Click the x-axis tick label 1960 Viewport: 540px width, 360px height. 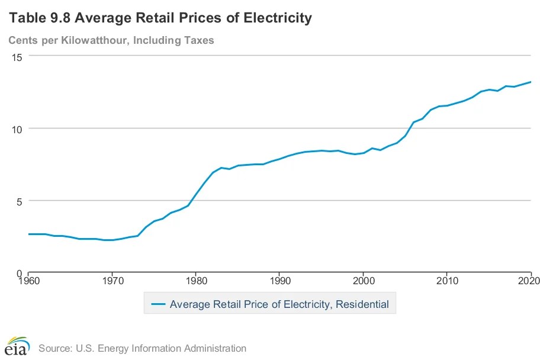[x=28, y=281]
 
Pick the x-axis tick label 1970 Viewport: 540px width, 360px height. [x=112, y=281]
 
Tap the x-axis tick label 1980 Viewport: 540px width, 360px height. [x=195, y=281]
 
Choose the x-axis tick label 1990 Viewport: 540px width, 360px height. [x=279, y=281]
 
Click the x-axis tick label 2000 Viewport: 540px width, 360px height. [x=363, y=281]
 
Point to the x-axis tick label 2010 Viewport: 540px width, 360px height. [x=447, y=281]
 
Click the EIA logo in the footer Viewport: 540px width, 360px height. [x=17, y=346]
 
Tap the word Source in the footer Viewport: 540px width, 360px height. [x=54, y=348]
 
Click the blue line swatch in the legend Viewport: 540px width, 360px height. [x=157, y=305]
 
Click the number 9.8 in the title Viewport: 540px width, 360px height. [x=56, y=18]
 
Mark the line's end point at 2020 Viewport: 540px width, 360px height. [x=531, y=82]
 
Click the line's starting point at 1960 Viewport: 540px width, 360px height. [x=28, y=234]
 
